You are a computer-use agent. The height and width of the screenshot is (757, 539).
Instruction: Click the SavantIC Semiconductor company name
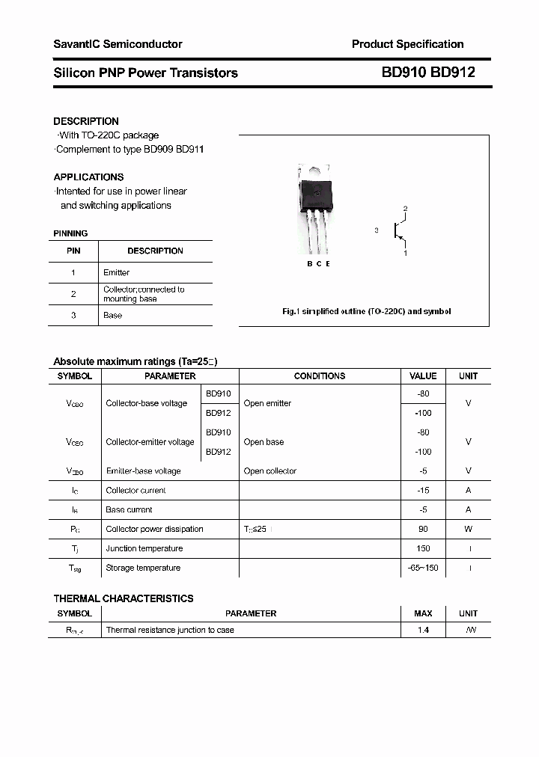coord(118,44)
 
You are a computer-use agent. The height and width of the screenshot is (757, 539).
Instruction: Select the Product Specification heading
coord(407,44)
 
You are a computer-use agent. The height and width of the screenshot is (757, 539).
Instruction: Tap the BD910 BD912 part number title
coord(427,73)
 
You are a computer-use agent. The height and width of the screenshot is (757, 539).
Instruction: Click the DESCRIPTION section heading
coord(86,121)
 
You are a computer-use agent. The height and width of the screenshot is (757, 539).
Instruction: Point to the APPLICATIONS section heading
coord(88,177)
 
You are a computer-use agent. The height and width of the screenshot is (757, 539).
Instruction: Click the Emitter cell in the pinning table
coord(116,272)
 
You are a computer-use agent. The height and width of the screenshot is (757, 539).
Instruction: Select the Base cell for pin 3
coord(112,315)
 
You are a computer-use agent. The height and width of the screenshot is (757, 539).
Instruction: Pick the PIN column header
coord(73,251)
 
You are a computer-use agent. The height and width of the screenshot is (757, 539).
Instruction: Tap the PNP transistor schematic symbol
coord(399,231)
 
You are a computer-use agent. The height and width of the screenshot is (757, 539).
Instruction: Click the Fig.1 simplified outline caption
coord(366,311)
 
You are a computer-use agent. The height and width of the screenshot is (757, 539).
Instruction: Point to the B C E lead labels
coord(318,264)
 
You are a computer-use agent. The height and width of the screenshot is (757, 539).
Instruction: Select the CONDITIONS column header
coord(320,376)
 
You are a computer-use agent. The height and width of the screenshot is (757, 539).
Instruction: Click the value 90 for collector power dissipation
coord(423,529)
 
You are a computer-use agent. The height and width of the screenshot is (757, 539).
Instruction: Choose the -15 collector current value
coord(423,490)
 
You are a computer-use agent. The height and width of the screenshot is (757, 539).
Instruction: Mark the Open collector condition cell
coord(269,471)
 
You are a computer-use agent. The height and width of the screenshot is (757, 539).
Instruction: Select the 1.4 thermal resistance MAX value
coord(423,630)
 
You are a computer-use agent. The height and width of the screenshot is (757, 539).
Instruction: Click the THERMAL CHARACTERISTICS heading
coord(124,598)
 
